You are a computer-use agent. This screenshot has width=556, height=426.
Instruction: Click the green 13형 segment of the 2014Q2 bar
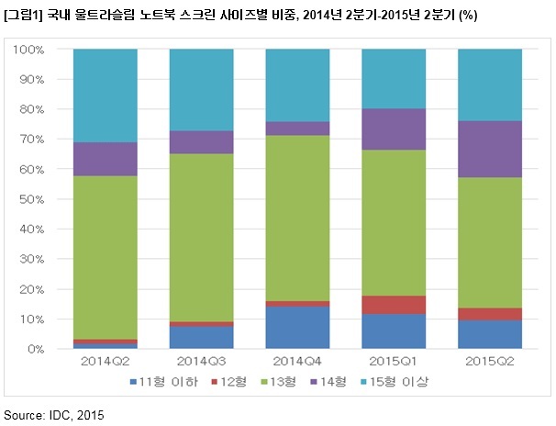coord(106,258)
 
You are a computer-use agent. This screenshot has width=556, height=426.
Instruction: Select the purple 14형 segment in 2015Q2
coord(490,150)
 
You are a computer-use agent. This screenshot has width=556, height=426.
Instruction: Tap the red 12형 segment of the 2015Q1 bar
coord(394,305)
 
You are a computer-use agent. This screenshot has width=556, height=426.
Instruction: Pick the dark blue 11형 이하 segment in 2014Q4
coord(297,328)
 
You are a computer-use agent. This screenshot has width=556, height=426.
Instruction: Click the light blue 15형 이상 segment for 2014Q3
coord(202,90)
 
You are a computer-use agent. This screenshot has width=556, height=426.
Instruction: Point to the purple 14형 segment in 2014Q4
coord(297,129)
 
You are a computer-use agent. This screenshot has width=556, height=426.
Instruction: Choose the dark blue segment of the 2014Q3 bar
coord(202,338)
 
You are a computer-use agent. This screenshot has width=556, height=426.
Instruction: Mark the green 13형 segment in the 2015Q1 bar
coord(394,223)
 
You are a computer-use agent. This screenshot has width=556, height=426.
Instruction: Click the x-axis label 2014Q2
coord(106,362)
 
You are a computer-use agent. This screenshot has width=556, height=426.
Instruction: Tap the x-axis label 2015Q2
coord(490,362)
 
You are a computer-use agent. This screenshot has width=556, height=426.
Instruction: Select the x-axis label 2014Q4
coord(297,362)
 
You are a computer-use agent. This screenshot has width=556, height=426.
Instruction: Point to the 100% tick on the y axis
coord(28,50)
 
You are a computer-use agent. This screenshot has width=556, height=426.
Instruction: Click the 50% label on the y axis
coord(32,199)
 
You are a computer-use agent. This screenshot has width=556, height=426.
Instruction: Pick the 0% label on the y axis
coord(36,350)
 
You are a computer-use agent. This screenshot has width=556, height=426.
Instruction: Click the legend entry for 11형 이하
coord(164,382)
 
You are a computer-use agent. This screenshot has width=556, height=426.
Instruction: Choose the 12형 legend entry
coord(228,382)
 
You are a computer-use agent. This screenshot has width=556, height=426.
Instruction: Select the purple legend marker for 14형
coord(314,382)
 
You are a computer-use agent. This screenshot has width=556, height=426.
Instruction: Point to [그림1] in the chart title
coord(23,16)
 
